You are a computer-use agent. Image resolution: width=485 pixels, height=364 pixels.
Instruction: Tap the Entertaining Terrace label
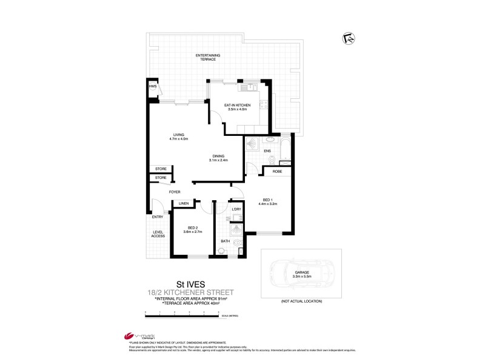click(207, 57)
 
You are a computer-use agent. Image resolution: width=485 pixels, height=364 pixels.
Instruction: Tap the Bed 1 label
click(269, 201)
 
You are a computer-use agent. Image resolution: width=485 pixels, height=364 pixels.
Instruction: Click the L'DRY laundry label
click(236, 209)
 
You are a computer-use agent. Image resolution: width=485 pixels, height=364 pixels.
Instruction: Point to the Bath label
click(224, 241)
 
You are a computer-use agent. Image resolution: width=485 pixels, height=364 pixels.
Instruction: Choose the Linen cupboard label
click(184, 203)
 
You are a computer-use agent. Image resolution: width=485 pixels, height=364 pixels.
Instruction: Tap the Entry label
click(157, 217)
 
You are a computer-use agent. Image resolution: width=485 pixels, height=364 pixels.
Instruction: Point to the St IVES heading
click(189, 283)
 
